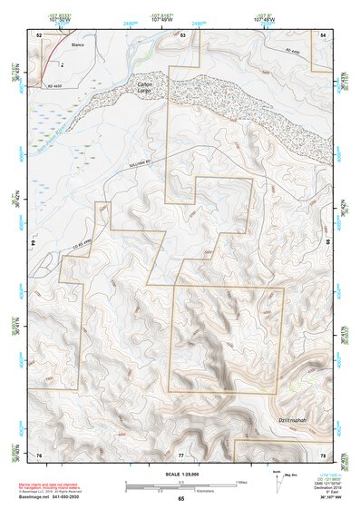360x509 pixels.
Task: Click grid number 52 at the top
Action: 39,34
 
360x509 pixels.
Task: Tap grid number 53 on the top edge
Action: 183,34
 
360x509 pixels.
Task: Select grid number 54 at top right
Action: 325,34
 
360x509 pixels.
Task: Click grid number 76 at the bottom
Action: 39,454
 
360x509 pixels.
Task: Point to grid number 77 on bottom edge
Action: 180,454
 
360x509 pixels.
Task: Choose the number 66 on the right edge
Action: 328,243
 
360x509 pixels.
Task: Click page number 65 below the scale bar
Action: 180,499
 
